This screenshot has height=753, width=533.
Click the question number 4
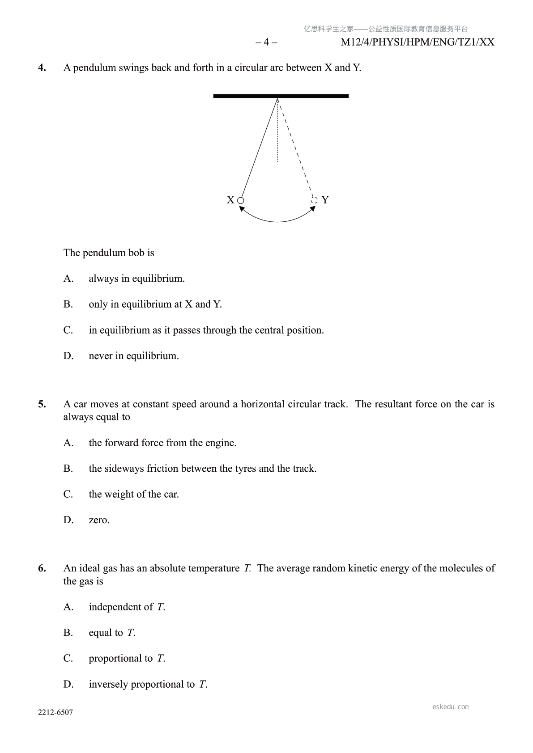(x=42, y=68)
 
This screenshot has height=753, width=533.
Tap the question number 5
(x=42, y=404)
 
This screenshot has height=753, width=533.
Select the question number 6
(x=42, y=568)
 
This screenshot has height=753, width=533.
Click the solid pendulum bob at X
(x=240, y=200)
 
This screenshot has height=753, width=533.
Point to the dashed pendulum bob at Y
(x=314, y=200)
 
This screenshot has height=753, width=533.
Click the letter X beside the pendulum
(x=230, y=200)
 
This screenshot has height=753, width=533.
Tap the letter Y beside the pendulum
(x=325, y=200)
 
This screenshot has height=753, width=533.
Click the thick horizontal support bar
(x=281, y=96)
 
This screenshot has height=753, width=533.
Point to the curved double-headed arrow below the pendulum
(x=277, y=221)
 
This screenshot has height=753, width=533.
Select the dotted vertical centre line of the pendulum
(x=277, y=134)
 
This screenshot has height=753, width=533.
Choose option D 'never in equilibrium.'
(x=133, y=356)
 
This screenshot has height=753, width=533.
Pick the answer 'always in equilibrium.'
(x=136, y=279)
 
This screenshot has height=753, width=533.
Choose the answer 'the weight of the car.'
(x=133, y=494)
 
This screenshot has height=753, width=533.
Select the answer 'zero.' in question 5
(x=99, y=520)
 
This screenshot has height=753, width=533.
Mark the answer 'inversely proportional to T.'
(x=148, y=684)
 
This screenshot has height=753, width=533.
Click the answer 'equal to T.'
(x=112, y=633)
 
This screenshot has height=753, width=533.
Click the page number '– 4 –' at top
(x=266, y=42)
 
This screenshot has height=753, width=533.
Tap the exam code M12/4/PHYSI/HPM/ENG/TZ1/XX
(x=418, y=42)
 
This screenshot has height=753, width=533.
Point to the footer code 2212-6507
(x=55, y=712)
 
